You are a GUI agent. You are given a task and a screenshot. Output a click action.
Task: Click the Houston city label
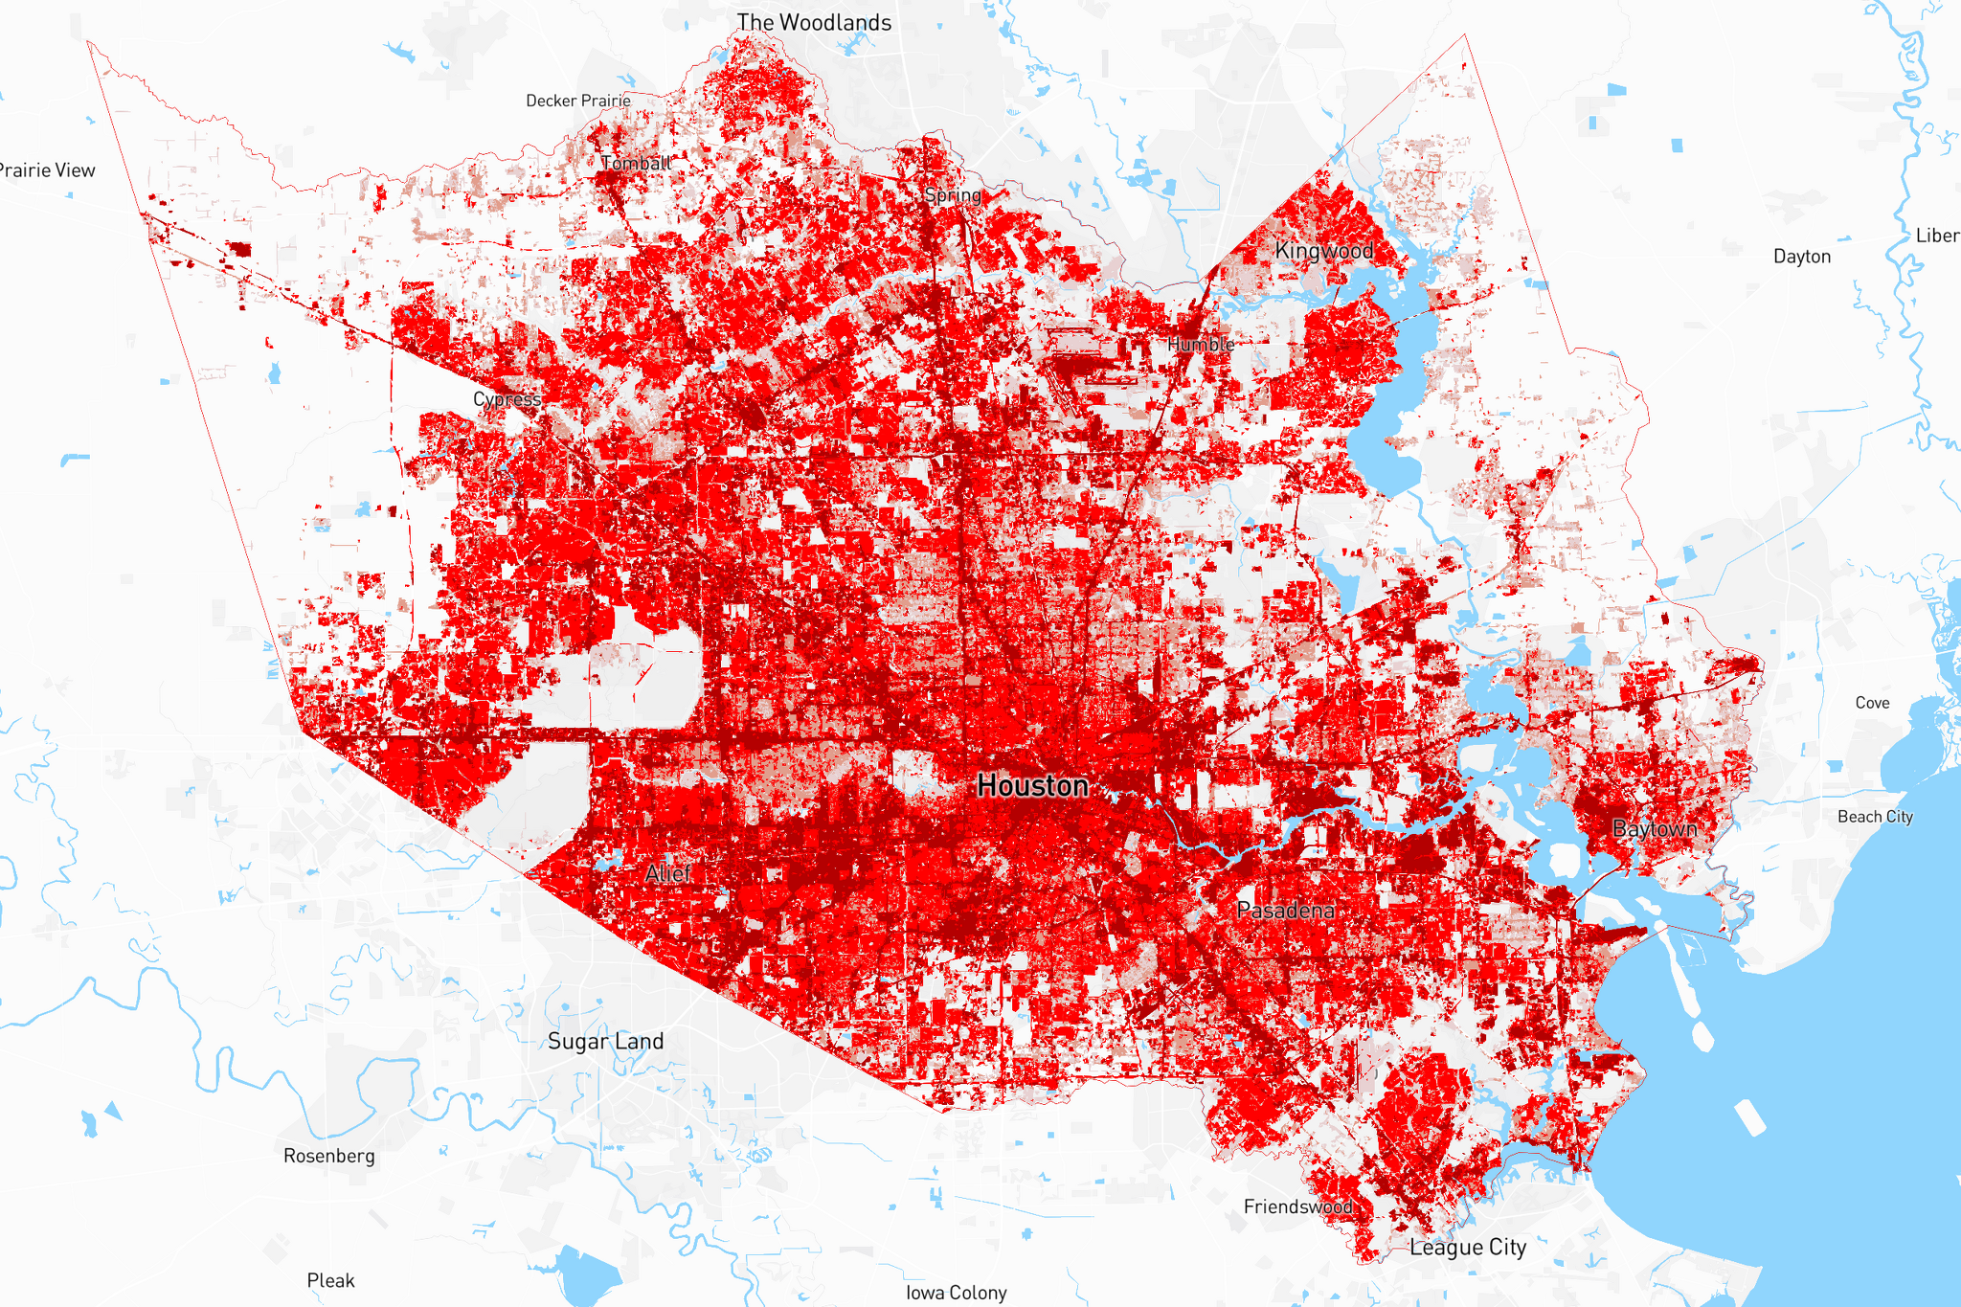coord(1032,786)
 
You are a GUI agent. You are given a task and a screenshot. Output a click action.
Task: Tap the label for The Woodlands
coord(814,22)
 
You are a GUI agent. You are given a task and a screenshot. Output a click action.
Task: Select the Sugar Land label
coord(605,1042)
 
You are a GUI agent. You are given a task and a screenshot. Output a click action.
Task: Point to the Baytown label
coord(1655,829)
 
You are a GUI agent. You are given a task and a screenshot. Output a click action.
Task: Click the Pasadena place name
coord(1285,911)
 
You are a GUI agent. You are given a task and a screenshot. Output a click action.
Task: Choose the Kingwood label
coord(1323,251)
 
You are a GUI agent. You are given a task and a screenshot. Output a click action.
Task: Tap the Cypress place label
coord(507,399)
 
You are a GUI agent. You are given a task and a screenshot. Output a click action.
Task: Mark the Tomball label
coord(636,164)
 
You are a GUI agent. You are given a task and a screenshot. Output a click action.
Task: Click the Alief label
coord(667,873)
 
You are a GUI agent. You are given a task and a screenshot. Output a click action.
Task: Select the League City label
coord(1468,1248)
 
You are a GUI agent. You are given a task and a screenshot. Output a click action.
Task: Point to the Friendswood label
coord(1297,1206)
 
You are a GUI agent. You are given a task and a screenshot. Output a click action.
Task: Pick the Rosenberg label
coord(328,1156)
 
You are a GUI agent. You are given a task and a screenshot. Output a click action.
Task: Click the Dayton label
coord(1801,257)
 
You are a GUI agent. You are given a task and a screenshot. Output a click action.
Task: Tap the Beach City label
coord(1875,817)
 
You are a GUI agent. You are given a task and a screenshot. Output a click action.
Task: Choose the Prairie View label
coord(48,170)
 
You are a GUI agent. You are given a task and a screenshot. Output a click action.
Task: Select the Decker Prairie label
coord(578,101)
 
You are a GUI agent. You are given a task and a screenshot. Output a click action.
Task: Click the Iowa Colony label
coord(956,1293)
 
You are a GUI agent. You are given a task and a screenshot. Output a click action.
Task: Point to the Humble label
coord(1200,344)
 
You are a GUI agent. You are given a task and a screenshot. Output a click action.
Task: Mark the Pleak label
coord(330,1280)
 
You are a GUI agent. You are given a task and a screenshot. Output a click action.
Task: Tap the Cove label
coord(1872,703)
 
